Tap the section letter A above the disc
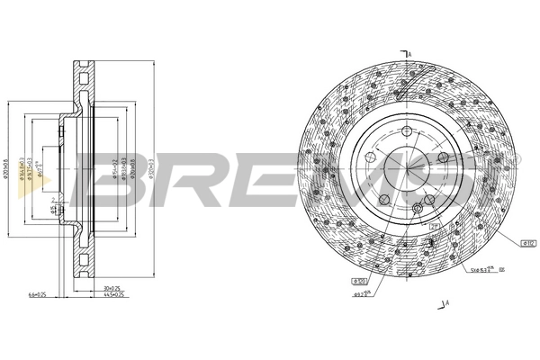409,56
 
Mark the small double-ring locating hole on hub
418,210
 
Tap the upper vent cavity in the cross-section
83,76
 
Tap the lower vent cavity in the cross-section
83,263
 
